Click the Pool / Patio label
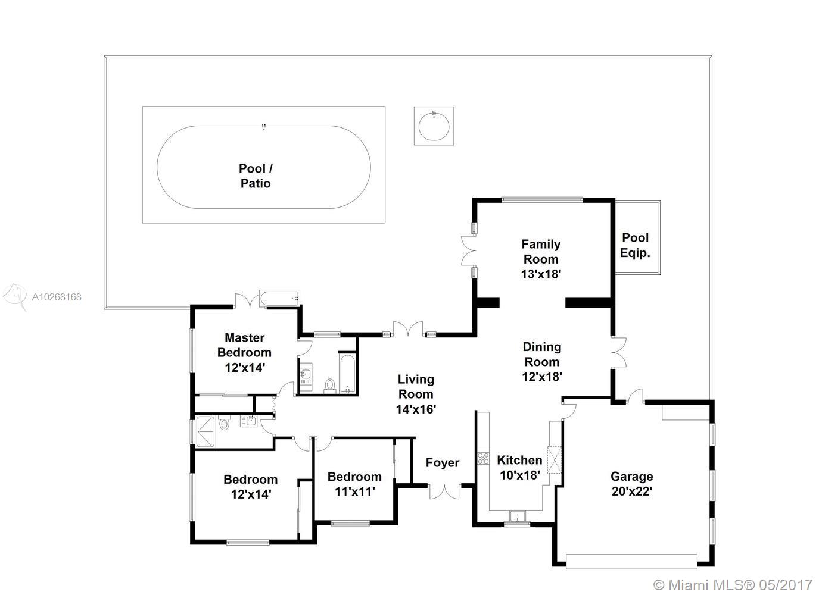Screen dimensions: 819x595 [x=256, y=176]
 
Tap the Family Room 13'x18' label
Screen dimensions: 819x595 [x=541, y=259]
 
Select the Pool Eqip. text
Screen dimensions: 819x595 [x=635, y=246]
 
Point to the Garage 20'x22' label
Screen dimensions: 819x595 [x=632, y=484]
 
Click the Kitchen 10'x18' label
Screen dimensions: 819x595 [x=519, y=468]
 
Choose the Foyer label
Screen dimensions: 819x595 [x=443, y=463]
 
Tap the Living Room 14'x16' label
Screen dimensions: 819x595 [x=416, y=394]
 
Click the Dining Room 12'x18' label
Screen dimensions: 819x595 [x=542, y=362]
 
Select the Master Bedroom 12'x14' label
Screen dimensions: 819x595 [x=245, y=352]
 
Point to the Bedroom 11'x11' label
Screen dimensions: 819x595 [x=354, y=484]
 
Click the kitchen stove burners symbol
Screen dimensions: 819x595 [x=483, y=458]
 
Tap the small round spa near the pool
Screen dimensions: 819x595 [x=434, y=126]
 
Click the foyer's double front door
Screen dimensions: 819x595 [x=444, y=491]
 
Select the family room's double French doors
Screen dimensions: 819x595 [x=468, y=250]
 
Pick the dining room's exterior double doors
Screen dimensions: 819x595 [x=619, y=352]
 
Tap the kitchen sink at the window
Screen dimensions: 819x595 [x=518, y=516]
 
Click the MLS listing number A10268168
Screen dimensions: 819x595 [x=57, y=297]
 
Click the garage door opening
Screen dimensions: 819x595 [x=631, y=562]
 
